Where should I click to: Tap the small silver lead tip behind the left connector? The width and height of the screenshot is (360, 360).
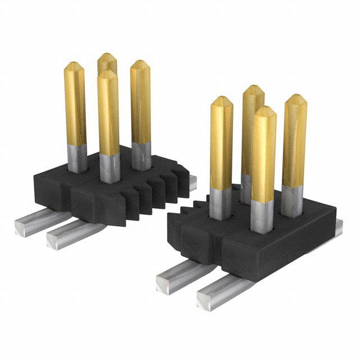point(192,181)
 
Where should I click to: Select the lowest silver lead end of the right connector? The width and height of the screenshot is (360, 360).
point(211,295)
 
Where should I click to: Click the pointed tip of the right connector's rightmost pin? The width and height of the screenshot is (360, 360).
point(295,100)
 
